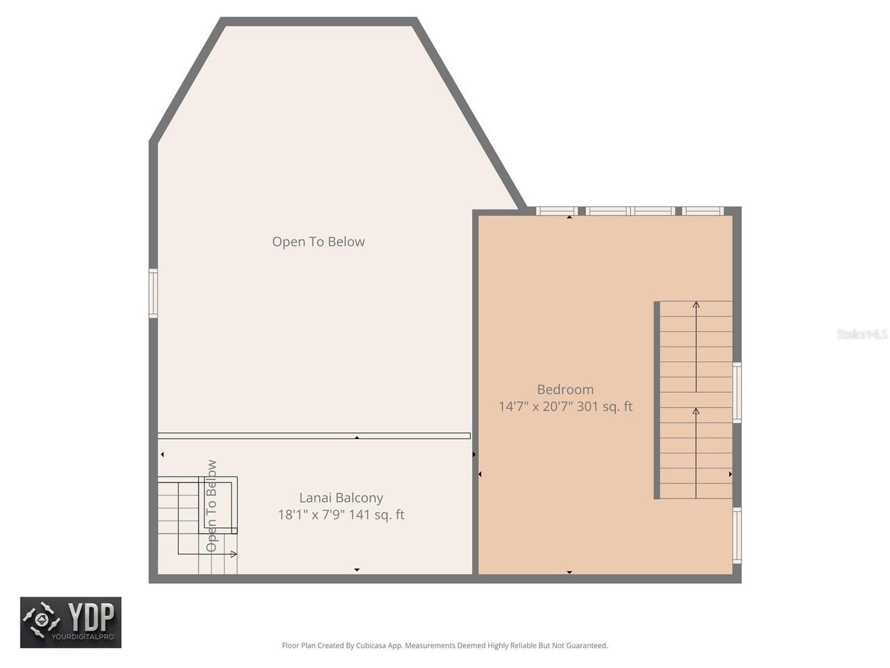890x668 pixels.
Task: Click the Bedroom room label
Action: [x=565, y=390]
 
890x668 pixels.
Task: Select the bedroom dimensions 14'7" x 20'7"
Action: [x=535, y=406]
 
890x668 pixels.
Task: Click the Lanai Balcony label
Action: [x=341, y=498]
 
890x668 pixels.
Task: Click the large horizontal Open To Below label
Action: [x=318, y=241]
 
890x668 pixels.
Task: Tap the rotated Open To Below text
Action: [x=211, y=506]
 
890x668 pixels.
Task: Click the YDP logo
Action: [x=71, y=622]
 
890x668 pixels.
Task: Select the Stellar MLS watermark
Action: [x=862, y=334]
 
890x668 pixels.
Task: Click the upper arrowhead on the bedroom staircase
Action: [x=696, y=305]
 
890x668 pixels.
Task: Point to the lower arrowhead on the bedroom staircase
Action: [x=696, y=411]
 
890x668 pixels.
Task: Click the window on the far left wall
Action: [x=153, y=294]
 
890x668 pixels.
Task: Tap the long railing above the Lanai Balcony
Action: [x=314, y=436]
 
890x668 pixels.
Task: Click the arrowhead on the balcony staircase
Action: [x=234, y=554]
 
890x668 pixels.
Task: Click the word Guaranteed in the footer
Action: [x=585, y=646]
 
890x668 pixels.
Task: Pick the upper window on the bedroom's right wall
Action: [x=737, y=392]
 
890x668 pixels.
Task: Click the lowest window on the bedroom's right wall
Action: [x=737, y=535]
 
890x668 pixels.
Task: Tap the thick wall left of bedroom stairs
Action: [x=656, y=400]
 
